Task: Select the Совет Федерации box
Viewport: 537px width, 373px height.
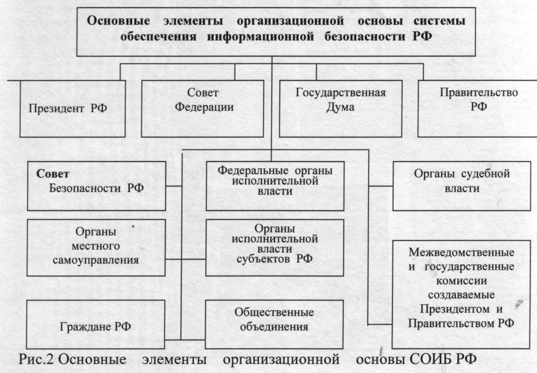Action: (204, 108)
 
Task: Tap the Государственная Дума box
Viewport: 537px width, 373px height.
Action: (340, 108)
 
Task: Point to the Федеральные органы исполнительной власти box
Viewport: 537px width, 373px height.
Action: (274, 185)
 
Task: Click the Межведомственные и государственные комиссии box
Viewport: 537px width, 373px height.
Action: (462, 293)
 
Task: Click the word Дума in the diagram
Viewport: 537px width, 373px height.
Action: (340, 107)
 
